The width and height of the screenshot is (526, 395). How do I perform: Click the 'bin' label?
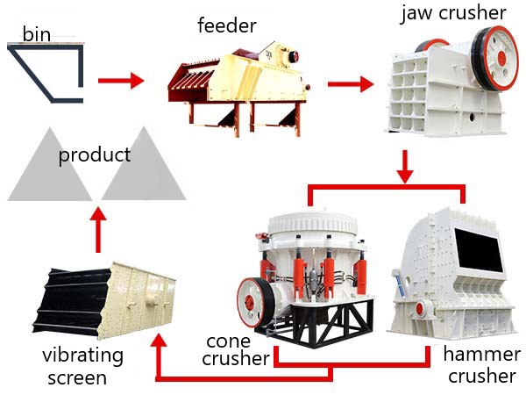click(37, 34)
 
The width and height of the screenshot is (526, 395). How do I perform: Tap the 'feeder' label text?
click(227, 25)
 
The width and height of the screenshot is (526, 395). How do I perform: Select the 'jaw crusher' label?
click(453, 13)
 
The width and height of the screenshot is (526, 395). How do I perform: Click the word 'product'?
click(95, 155)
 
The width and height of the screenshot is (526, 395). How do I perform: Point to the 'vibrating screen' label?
click(82, 367)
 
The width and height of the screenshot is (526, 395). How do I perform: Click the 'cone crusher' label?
click(236, 350)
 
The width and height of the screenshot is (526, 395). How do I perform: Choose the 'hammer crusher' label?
click(482, 365)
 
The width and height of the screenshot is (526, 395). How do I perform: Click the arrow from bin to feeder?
click(121, 81)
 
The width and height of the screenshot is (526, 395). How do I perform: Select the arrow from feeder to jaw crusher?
click(351, 83)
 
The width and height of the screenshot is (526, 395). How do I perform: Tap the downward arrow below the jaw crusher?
click(405, 167)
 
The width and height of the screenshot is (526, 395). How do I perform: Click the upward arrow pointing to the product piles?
click(98, 229)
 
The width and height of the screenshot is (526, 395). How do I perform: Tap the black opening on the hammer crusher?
click(479, 249)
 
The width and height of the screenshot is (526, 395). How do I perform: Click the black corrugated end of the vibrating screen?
click(72, 300)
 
